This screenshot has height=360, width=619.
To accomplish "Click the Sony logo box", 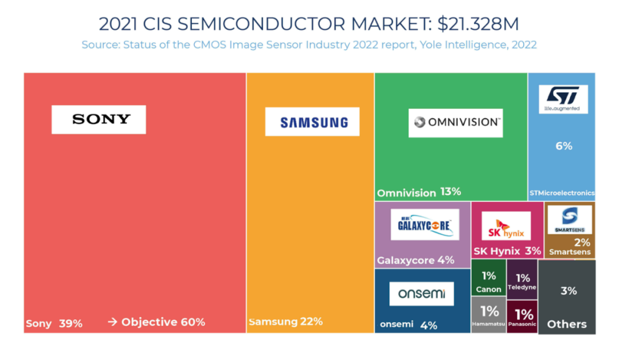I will [x=99, y=119].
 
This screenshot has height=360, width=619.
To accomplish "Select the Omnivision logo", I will [x=456, y=123].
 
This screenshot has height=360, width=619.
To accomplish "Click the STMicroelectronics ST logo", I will [x=563, y=99].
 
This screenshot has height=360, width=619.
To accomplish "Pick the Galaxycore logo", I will [x=425, y=224].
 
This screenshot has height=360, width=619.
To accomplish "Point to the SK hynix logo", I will [x=506, y=226].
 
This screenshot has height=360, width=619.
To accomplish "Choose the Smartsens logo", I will [x=569, y=220].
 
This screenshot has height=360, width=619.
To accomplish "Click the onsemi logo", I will [x=421, y=294].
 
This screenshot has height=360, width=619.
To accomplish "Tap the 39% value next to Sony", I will [x=70, y=323].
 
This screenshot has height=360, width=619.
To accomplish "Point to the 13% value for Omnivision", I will [x=450, y=192].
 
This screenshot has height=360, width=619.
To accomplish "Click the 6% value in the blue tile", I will [x=563, y=146].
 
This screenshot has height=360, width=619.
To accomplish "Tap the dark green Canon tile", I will [x=489, y=279].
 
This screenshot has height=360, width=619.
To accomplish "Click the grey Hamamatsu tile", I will [x=489, y=315].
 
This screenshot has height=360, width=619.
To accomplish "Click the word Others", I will [x=567, y=324].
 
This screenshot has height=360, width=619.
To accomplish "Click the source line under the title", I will [x=309, y=45].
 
